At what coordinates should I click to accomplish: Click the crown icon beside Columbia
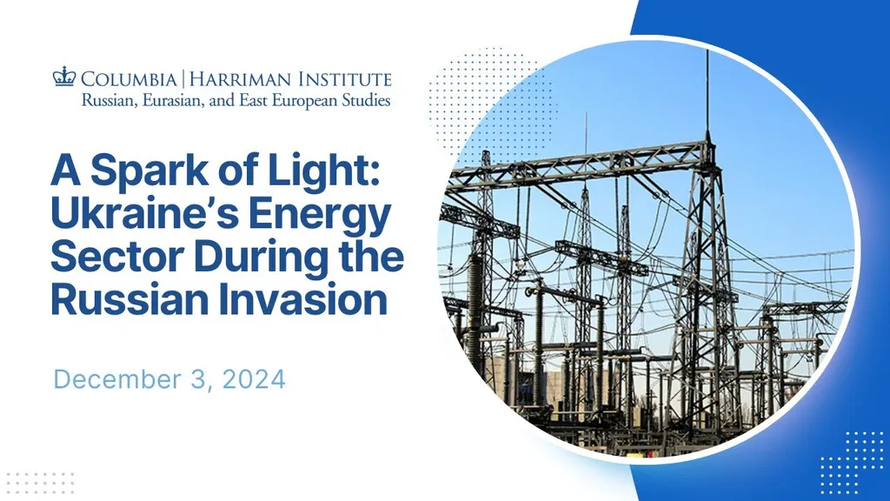tap(64, 77)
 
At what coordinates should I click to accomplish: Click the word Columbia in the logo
tap(129, 79)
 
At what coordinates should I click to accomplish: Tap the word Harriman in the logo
tap(241, 79)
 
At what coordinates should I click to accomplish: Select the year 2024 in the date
tap(254, 379)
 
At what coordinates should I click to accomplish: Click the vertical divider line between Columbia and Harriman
tap(183, 79)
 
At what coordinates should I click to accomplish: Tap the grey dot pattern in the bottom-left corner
tap(40, 483)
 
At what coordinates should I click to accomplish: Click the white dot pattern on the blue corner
tap(852, 463)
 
